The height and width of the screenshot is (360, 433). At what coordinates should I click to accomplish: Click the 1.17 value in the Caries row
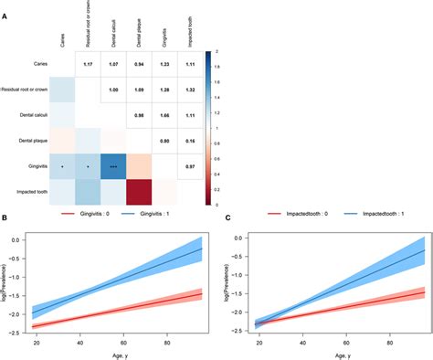[x=89, y=63]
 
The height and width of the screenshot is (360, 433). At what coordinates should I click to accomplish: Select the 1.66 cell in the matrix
[x=165, y=115]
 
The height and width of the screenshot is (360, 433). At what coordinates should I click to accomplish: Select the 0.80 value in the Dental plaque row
[x=165, y=142]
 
